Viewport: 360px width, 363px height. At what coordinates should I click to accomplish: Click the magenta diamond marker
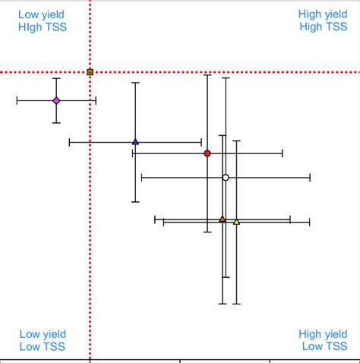pyautogui.click(x=56, y=100)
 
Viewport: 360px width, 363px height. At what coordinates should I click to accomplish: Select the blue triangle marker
pyautogui.click(x=135, y=141)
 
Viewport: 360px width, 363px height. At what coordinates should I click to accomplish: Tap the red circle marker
pyautogui.click(x=207, y=153)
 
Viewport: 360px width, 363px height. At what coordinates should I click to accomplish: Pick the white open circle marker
pyautogui.click(x=226, y=178)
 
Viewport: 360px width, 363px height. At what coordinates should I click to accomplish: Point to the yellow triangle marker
pyautogui.click(x=236, y=222)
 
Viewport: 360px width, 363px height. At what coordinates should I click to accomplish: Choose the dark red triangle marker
pyautogui.click(x=223, y=219)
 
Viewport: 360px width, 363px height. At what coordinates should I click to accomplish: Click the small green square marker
pyautogui.click(x=90, y=72)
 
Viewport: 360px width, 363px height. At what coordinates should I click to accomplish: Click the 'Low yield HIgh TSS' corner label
pyautogui.click(x=42, y=21)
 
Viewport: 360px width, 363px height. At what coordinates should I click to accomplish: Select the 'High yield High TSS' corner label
pyautogui.click(x=322, y=21)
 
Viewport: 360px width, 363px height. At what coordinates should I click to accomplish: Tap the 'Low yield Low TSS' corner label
pyautogui.click(x=43, y=340)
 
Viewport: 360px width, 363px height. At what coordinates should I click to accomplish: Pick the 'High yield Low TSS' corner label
pyautogui.click(x=323, y=340)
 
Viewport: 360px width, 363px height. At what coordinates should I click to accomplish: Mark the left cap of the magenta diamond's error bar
pyautogui.click(x=17, y=100)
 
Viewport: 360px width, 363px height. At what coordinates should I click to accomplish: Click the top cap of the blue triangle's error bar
pyautogui.click(x=135, y=83)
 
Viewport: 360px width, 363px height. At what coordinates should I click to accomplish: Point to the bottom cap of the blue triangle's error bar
pyautogui.click(x=135, y=201)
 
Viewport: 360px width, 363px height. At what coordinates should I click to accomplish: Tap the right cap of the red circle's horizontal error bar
pyautogui.click(x=283, y=153)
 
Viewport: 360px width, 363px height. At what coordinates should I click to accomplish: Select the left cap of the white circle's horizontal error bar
pyautogui.click(x=142, y=178)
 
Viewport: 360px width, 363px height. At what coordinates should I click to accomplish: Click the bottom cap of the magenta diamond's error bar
pyautogui.click(x=56, y=123)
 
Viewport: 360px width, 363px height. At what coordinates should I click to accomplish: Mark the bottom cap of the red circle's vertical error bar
pyautogui.click(x=207, y=232)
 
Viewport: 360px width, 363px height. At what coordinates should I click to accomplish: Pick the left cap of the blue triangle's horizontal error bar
pyautogui.click(x=70, y=141)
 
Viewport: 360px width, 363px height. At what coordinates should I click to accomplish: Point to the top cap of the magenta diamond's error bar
pyautogui.click(x=56, y=78)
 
